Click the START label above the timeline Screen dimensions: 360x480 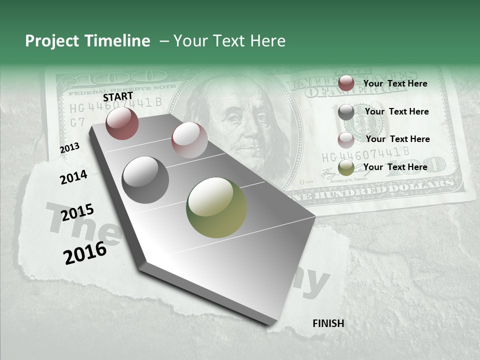(118, 96)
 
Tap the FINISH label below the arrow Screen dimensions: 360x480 (328, 323)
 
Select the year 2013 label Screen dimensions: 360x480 (69, 148)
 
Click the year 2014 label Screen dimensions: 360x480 (73, 177)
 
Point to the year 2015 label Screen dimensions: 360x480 (77, 212)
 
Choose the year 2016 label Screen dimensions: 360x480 (85, 253)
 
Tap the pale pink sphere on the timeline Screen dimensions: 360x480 (189, 140)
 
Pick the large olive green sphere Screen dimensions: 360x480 (216, 207)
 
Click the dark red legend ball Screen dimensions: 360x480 (346, 83)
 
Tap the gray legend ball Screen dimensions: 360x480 (346, 112)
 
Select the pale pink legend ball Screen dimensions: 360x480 (346, 140)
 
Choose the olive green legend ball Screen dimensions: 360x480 (346, 167)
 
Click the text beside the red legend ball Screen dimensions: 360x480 (395, 83)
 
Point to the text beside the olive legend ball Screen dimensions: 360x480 (395, 167)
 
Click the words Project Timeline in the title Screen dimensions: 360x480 (87, 41)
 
